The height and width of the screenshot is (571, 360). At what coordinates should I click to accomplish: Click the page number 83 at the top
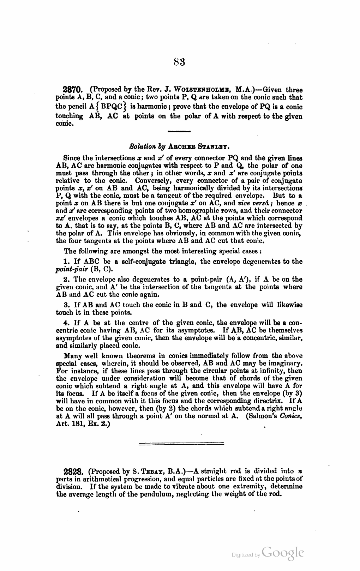(180, 62)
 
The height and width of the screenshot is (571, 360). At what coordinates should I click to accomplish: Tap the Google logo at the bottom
(283, 553)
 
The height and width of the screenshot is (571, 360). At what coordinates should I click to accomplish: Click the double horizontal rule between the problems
(181, 444)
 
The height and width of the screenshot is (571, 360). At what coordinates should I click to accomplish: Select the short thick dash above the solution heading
(179, 131)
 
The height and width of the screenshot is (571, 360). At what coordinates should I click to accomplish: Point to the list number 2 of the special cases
(66, 279)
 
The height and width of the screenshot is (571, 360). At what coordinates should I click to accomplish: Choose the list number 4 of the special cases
(66, 323)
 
